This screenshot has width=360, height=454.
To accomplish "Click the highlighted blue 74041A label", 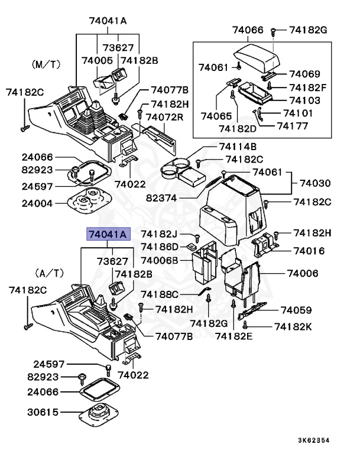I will point(107,235).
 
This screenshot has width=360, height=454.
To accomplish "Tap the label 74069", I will point(304,74).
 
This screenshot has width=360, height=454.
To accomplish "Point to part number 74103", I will point(305,100).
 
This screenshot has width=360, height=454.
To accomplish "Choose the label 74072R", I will point(165,117).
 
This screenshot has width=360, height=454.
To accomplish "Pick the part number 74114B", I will point(238,147).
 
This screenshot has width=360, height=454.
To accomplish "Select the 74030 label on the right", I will point(317,184).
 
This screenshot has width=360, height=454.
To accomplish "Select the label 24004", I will point(37,203).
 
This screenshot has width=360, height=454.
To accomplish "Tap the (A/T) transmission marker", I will point(49,273).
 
